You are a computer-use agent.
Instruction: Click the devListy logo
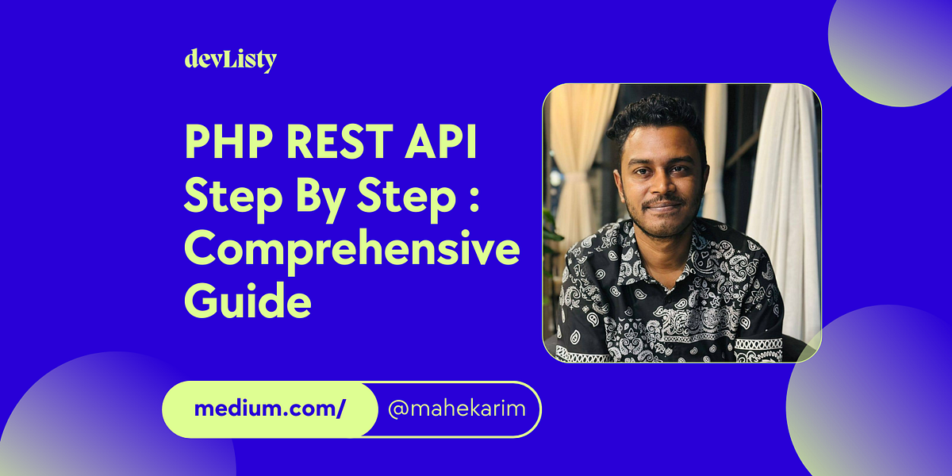tap(230, 59)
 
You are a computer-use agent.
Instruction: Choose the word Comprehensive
tap(351, 248)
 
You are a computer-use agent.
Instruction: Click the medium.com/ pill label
tap(270, 409)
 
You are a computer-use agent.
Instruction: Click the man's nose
tap(665, 186)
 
